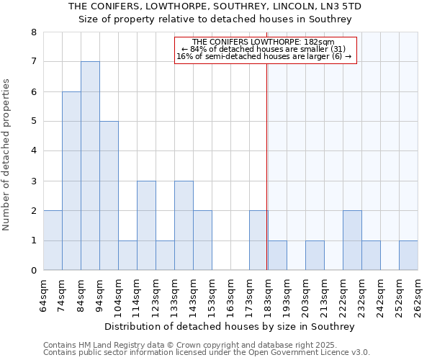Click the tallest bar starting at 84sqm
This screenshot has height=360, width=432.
90,166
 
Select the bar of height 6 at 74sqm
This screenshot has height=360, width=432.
71,181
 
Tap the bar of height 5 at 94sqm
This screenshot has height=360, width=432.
109,196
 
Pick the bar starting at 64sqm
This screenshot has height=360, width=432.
53,240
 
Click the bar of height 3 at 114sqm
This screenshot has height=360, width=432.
146,225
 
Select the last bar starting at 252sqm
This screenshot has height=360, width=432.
408,256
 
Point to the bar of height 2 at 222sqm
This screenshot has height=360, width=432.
352,240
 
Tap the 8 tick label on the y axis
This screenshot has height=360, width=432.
33,32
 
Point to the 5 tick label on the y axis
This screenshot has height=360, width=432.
33,122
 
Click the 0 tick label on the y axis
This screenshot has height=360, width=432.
33,271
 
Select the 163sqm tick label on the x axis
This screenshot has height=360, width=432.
231,295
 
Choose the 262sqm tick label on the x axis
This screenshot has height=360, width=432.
418,295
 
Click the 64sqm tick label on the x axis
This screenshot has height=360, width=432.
44,295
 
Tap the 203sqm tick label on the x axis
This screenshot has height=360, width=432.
306,295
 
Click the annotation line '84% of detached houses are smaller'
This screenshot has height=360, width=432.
264,49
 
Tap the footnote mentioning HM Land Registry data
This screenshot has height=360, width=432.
205,345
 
